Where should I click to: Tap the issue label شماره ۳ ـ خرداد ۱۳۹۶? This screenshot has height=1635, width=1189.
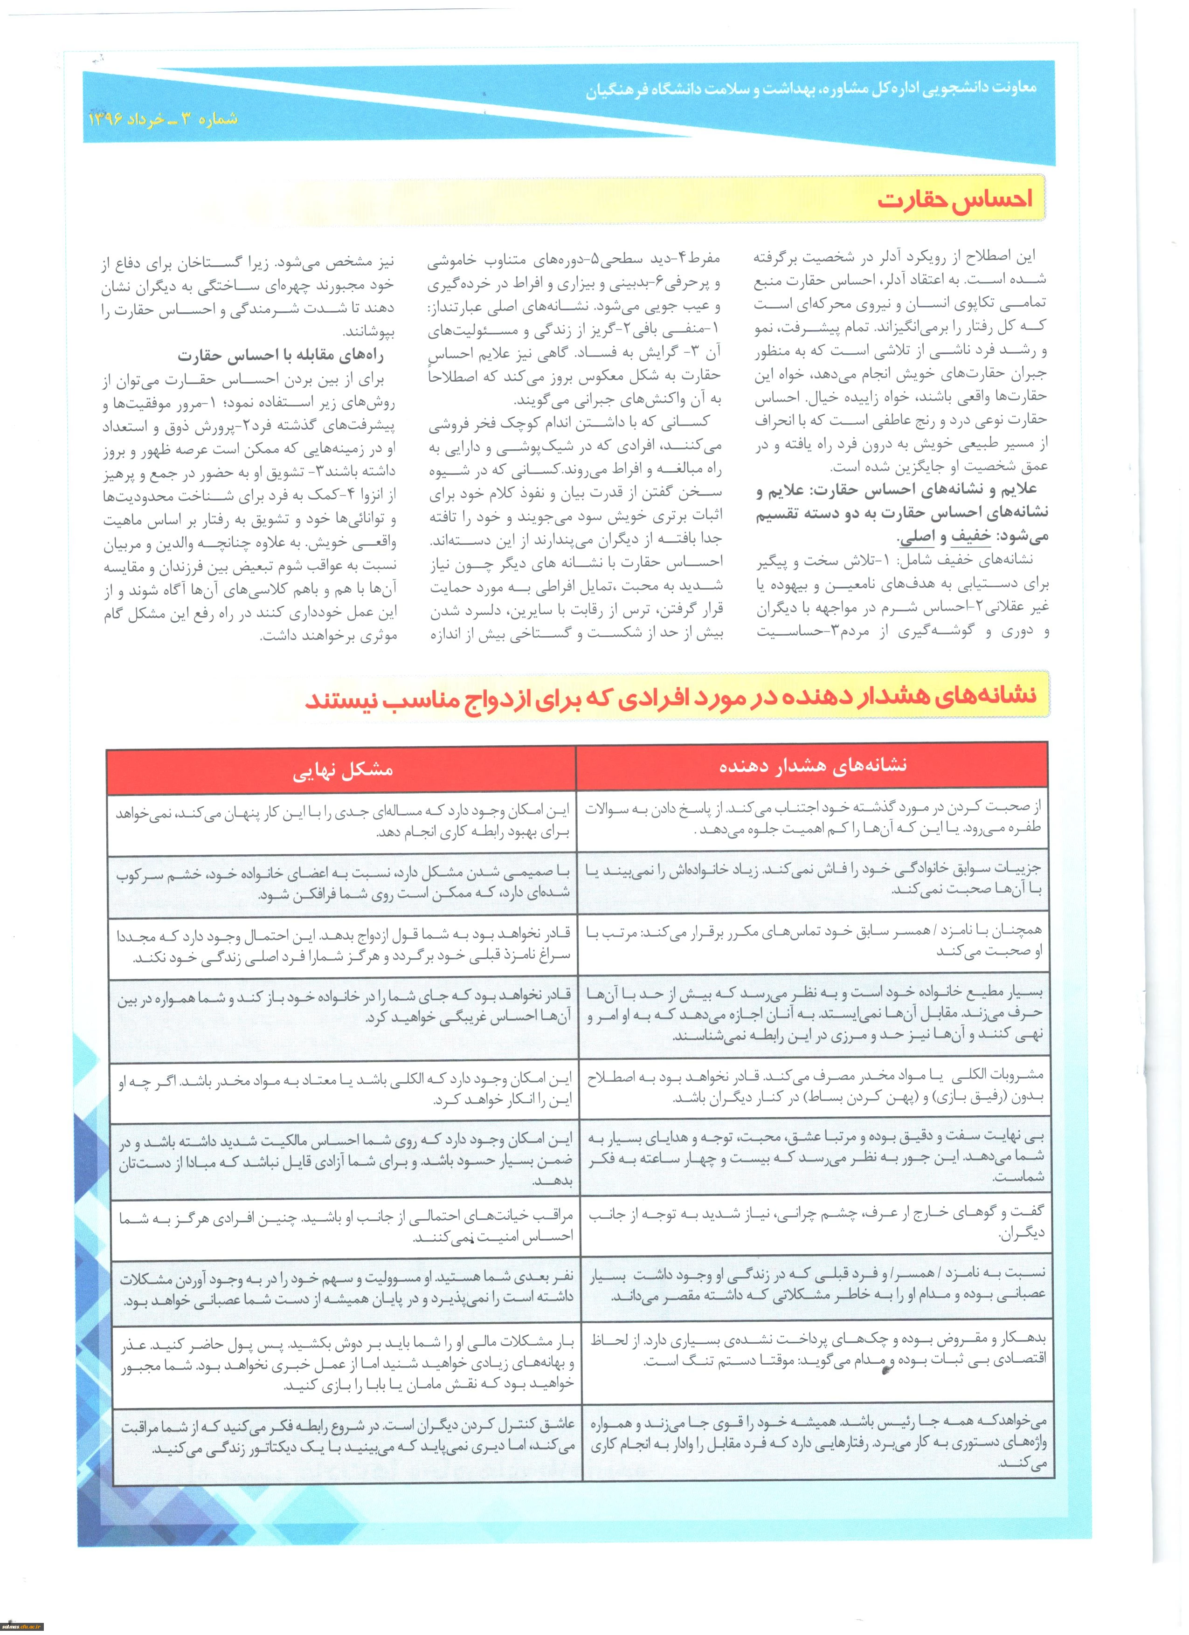click(x=163, y=118)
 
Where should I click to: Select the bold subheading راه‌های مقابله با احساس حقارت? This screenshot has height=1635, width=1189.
click(x=281, y=356)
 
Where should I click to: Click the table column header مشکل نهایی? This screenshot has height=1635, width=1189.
click(x=343, y=770)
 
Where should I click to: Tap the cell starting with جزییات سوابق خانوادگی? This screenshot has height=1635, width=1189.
click(x=815, y=879)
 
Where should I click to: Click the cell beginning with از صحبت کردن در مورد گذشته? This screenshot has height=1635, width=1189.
click(x=815, y=818)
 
